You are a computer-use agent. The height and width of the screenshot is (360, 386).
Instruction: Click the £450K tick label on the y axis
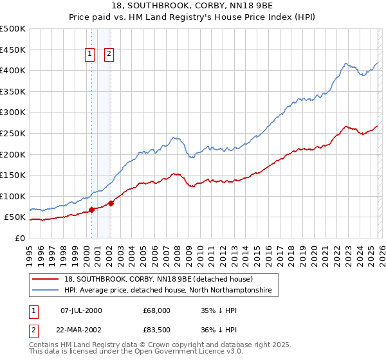click(13, 50)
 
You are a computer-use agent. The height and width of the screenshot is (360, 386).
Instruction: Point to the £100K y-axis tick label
click(13, 196)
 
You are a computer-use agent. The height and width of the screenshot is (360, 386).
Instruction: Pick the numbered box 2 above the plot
click(109, 54)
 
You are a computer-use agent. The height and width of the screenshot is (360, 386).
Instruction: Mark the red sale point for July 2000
click(91, 210)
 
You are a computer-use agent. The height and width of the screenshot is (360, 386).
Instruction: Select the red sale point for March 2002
click(111, 203)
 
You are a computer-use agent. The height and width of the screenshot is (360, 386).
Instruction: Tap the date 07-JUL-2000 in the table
click(82, 310)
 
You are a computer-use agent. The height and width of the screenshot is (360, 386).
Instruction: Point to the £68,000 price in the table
click(157, 310)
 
